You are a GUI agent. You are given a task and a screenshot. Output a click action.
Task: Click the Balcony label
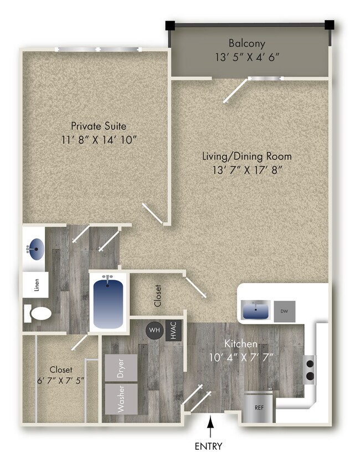(247, 43)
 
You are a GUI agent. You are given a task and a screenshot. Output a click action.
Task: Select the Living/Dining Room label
(246, 156)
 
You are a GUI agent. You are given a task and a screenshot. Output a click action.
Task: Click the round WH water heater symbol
(155, 331)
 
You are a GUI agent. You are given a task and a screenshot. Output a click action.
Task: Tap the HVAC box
(174, 331)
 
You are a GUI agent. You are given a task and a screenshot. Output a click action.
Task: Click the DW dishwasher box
(285, 311)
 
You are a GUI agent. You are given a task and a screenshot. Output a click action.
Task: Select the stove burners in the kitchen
(310, 371)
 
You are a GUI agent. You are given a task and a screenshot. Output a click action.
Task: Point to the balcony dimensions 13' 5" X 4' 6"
(247, 56)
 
